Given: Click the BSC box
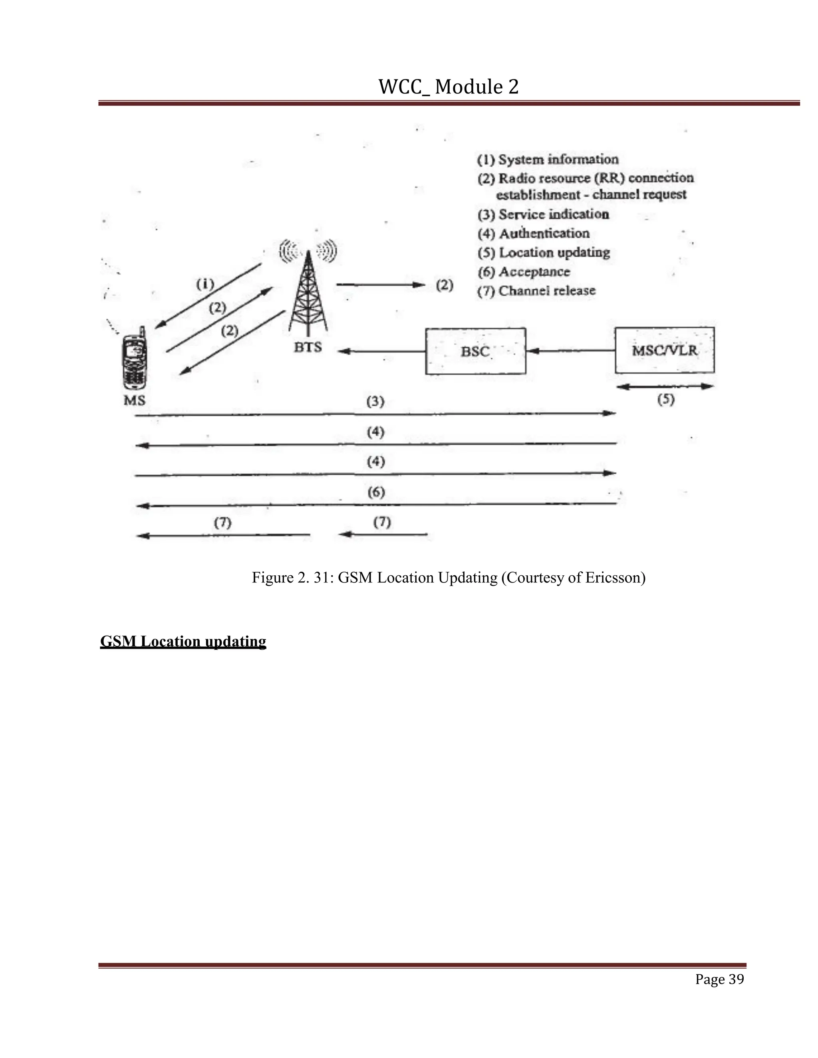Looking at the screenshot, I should (x=475, y=351).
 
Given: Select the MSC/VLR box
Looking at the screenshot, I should (x=664, y=350).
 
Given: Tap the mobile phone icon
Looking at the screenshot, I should (x=134, y=359).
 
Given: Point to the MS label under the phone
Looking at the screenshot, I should (x=134, y=400).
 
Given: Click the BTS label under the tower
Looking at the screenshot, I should (x=308, y=347).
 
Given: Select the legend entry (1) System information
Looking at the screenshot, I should (x=548, y=159).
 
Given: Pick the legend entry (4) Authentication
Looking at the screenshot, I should (x=534, y=234).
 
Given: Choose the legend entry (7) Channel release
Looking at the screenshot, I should (x=536, y=291).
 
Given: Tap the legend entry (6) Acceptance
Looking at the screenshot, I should (x=524, y=272).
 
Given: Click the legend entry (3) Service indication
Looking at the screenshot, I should (x=543, y=214).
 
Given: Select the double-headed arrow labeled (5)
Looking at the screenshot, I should (x=666, y=386).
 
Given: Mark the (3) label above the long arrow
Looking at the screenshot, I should (x=375, y=402).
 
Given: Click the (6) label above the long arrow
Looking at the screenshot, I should (x=376, y=493).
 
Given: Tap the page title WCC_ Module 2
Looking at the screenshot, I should (x=448, y=87).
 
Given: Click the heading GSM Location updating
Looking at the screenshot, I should (x=183, y=642).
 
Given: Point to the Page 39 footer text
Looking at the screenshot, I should (x=719, y=979).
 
